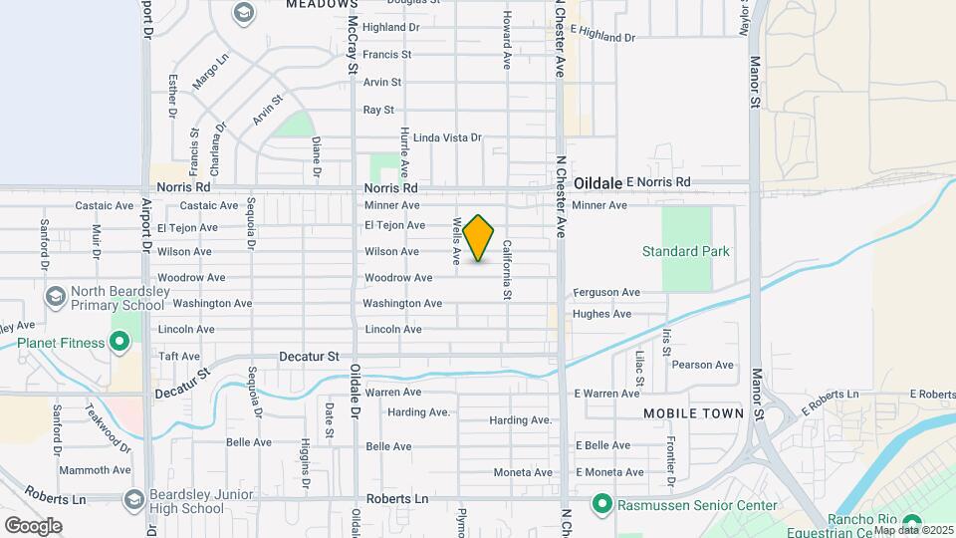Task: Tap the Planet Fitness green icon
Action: [119, 344]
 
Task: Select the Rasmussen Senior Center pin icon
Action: [600, 506]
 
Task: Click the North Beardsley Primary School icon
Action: [56, 297]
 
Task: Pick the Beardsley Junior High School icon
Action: [134, 499]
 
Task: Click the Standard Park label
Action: [685, 251]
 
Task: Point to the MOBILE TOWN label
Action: [693, 412]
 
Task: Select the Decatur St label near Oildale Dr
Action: [310, 356]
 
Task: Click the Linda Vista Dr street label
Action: [447, 137]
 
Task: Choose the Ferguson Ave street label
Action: [606, 293]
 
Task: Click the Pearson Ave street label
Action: [703, 365]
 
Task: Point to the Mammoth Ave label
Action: [96, 470]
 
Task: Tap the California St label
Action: [507, 269]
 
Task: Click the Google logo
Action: [33, 525]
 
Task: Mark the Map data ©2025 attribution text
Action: [912, 530]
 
